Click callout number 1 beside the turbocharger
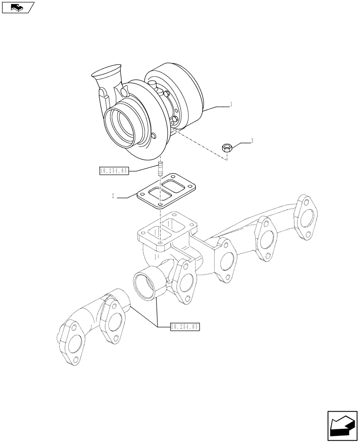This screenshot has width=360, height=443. [x=231, y=105]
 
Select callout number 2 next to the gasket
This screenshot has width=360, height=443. [x=113, y=196]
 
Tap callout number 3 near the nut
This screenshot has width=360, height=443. [x=252, y=141]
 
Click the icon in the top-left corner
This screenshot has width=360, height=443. [x=18, y=7]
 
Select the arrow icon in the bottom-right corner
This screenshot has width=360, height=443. [x=342, y=426]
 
